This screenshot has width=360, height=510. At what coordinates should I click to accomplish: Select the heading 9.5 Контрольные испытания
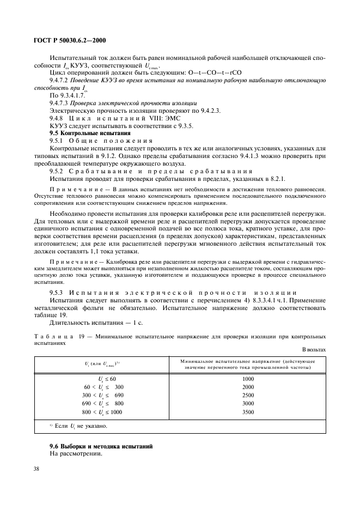click(x=90, y=133)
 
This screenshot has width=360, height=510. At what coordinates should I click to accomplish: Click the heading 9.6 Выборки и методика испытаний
click(x=101, y=446)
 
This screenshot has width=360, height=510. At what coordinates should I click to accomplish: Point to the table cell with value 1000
click(x=248, y=379)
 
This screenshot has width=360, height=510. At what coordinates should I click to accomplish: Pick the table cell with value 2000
click(x=248, y=387)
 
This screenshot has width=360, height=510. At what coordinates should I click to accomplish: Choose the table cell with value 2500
click(x=248, y=395)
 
